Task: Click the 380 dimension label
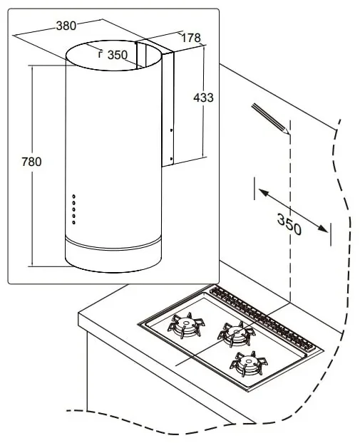(66, 26)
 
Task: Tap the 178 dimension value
(191, 38)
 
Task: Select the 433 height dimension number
(203, 98)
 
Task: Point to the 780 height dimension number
(31, 162)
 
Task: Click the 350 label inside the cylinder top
(118, 55)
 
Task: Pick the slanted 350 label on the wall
(289, 224)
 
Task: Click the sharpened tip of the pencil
(288, 132)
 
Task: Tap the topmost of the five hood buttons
(74, 197)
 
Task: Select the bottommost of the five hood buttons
(74, 222)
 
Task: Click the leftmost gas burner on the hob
(186, 325)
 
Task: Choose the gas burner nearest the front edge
(249, 364)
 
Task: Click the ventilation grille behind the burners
(262, 318)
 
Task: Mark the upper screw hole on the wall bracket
(171, 130)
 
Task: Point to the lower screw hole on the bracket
(171, 159)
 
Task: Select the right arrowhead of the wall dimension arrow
(323, 229)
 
